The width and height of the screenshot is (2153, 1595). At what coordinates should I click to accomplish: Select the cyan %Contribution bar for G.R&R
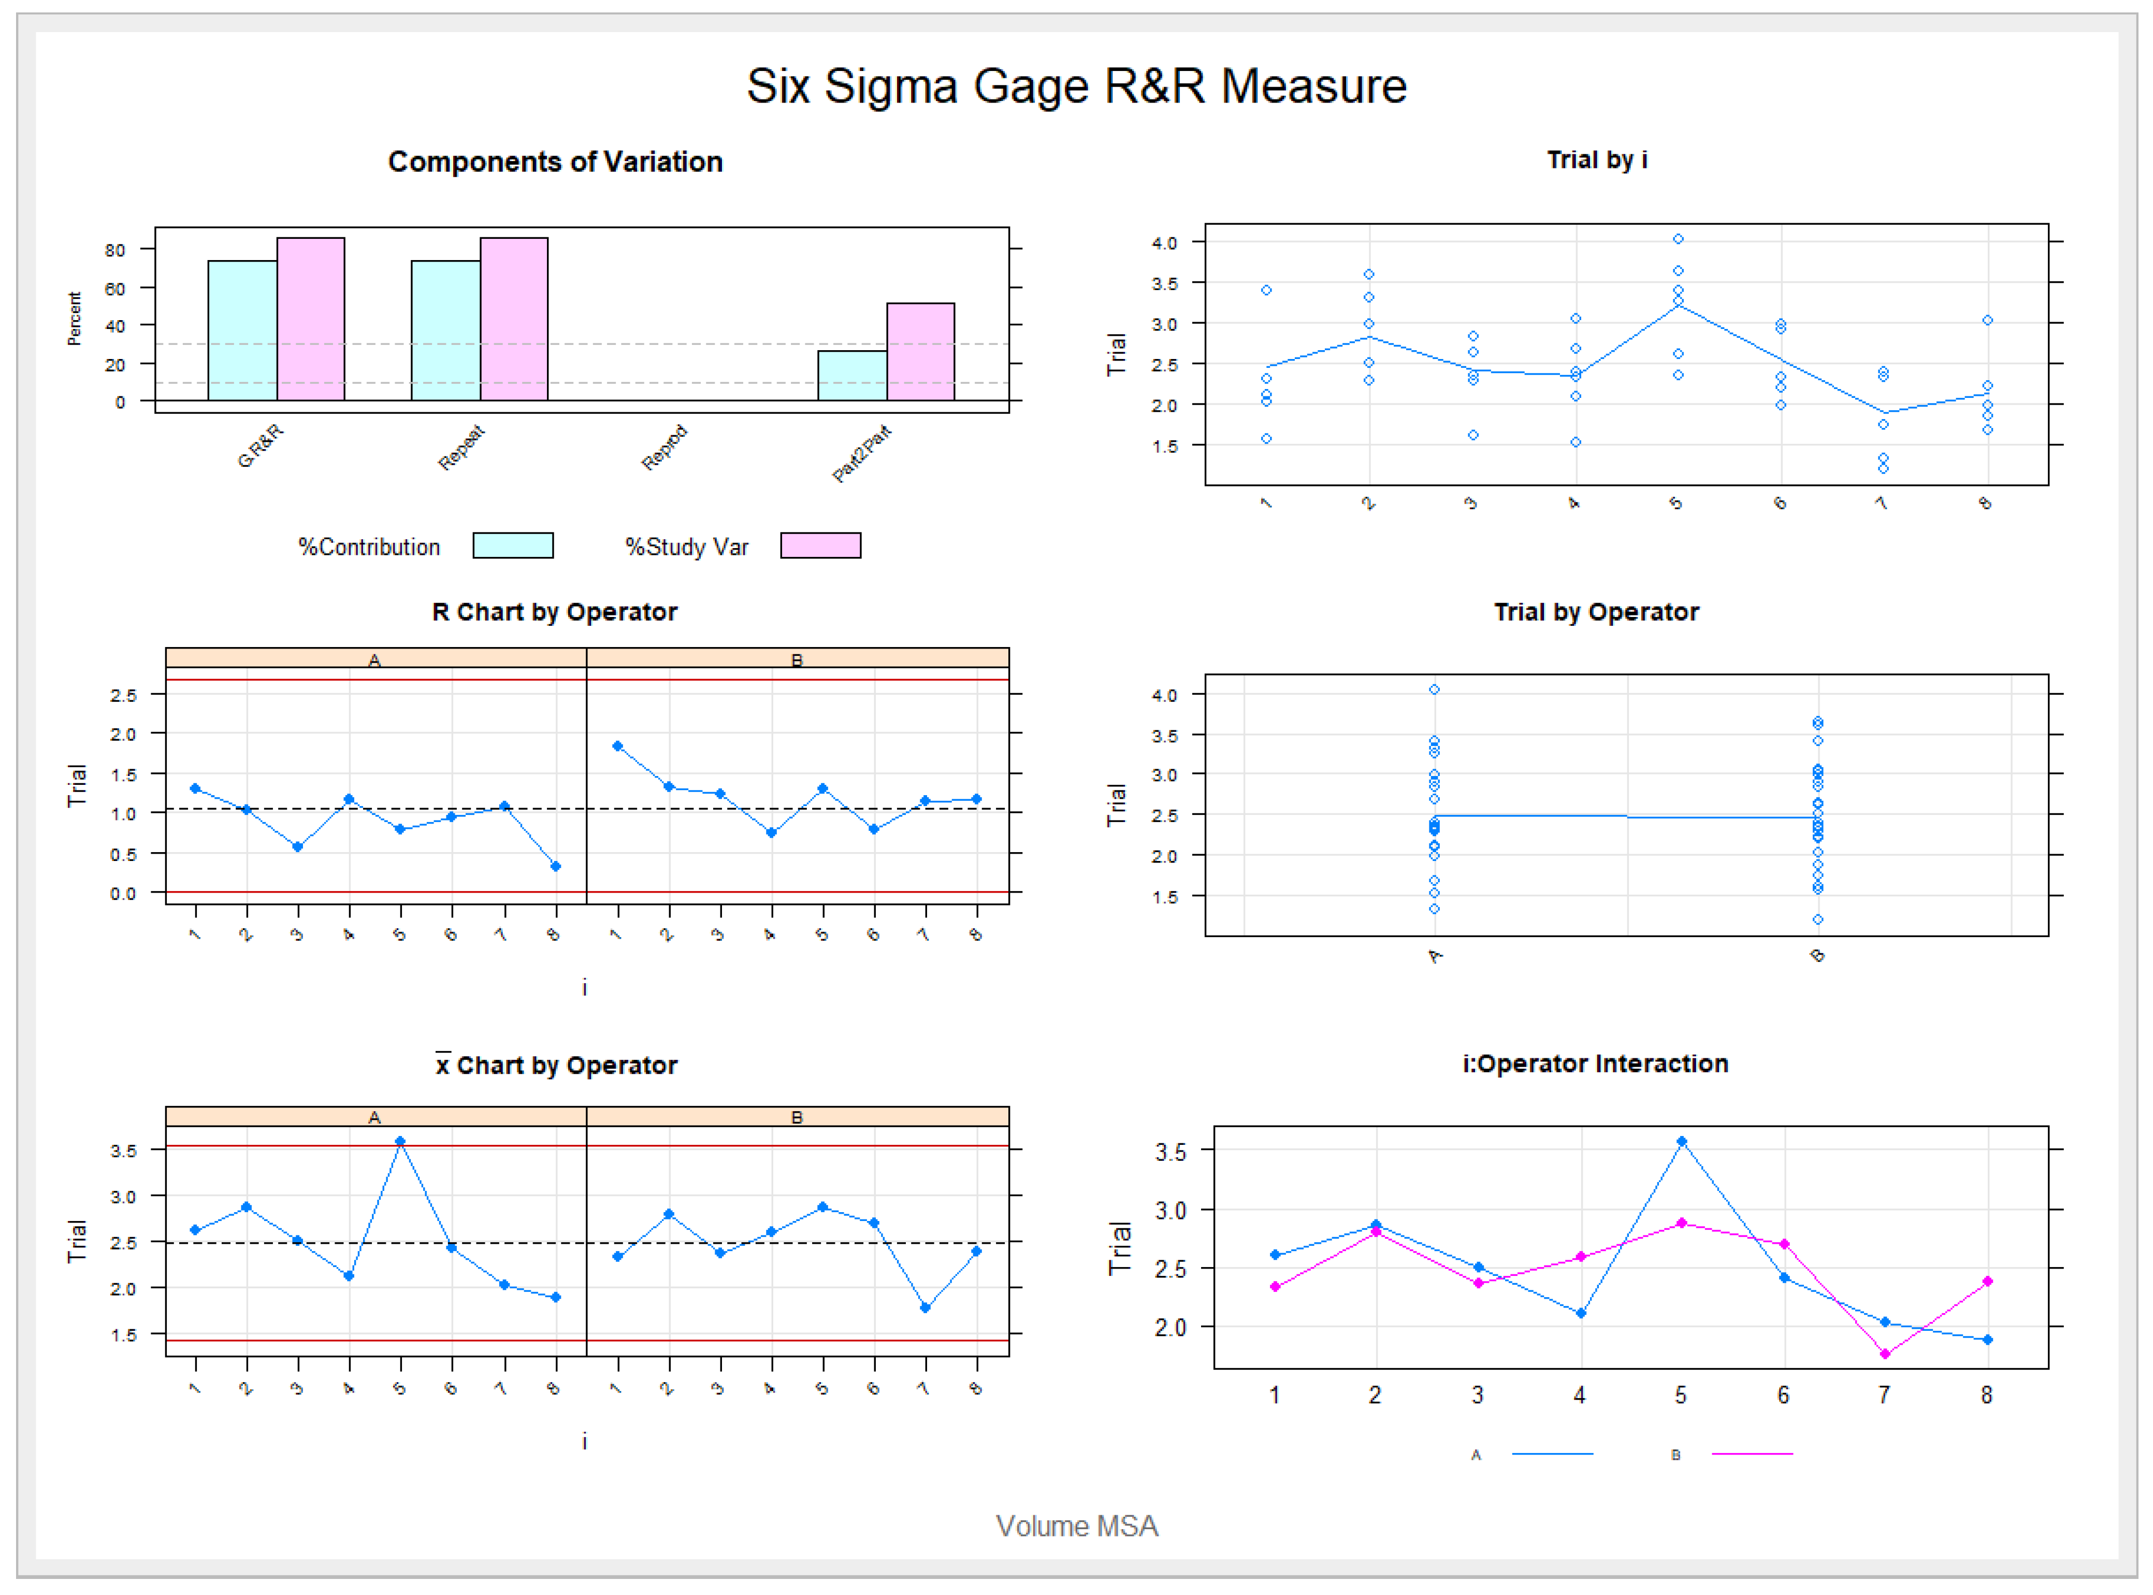pos(242,330)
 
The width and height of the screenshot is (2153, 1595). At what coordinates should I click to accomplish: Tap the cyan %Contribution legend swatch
pos(512,545)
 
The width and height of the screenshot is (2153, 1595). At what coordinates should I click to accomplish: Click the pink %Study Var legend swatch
pos(820,545)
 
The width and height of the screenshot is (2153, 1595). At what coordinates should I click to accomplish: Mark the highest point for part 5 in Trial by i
pos(1678,238)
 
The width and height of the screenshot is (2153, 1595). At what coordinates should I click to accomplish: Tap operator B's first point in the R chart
pos(618,746)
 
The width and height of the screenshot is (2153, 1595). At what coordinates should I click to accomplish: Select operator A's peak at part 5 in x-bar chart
pos(400,1141)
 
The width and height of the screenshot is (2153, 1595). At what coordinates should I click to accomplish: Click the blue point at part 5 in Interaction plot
pos(1681,1141)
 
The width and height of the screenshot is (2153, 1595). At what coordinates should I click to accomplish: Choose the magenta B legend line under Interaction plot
pos(1752,1453)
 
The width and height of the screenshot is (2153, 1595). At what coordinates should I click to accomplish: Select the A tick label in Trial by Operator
pos(1435,956)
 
